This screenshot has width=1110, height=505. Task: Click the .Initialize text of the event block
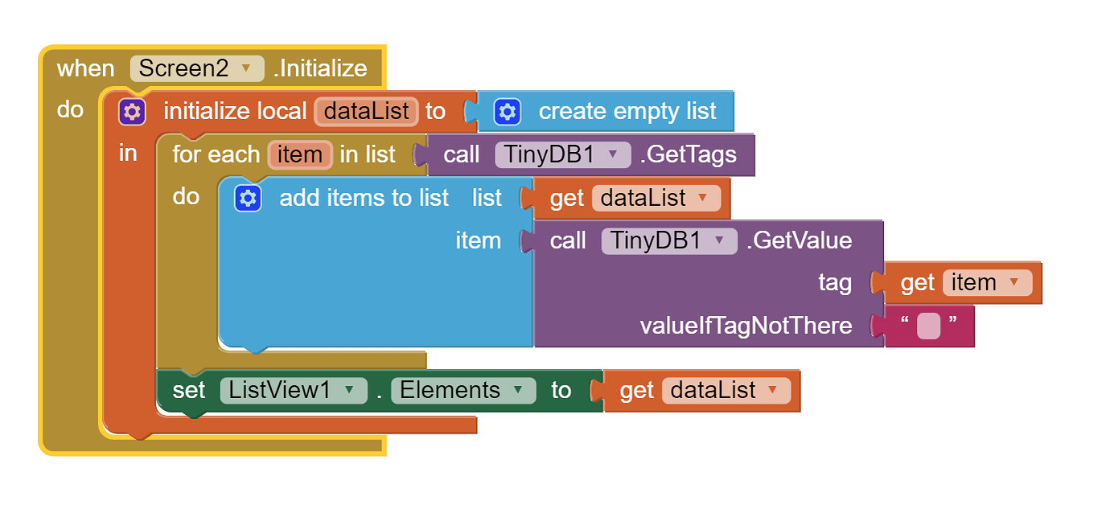coord(320,68)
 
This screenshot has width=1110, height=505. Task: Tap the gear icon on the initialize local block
coord(132,111)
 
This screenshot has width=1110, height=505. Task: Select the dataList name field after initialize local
coord(366,111)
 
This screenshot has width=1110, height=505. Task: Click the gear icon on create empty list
coord(507,111)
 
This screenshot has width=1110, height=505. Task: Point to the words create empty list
coord(627,111)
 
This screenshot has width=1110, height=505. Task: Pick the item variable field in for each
coord(300,154)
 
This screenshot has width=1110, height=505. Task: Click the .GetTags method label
coord(688,154)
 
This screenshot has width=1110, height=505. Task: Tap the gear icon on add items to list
coord(248,198)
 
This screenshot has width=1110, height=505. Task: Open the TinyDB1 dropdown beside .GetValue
coord(668,240)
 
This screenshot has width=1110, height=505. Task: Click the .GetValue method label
coord(799,240)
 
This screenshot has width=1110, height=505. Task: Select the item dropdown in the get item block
coord(986,283)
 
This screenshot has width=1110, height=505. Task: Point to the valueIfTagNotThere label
coord(746,326)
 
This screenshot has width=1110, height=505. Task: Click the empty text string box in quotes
coord(928,326)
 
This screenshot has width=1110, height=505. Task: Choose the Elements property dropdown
coord(462,391)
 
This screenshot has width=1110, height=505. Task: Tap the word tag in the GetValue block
coord(834,283)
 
